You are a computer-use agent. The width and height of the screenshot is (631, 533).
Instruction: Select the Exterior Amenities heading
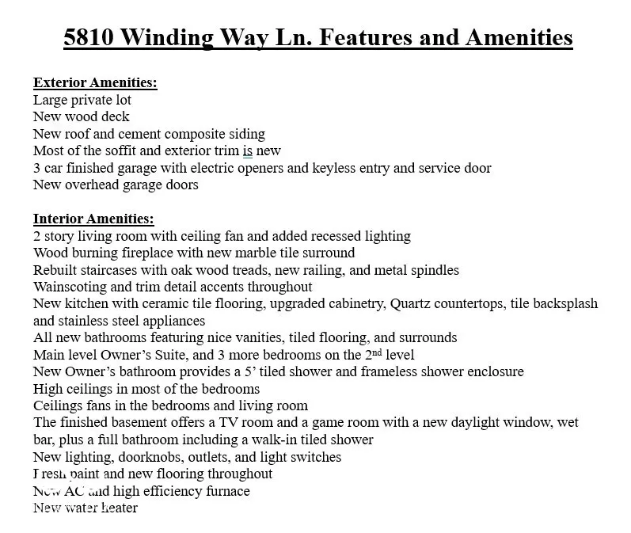[x=95, y=83]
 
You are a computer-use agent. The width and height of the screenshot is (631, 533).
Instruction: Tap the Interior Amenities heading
[x=93, y=219]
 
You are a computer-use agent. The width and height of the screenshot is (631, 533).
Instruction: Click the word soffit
[x=120, y=150]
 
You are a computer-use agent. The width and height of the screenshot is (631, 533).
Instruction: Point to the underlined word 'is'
[x=248, y=150]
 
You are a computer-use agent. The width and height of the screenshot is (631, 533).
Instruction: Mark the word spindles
[x=432, y=270]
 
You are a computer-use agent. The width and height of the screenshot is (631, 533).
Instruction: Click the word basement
[x=143, y=423]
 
